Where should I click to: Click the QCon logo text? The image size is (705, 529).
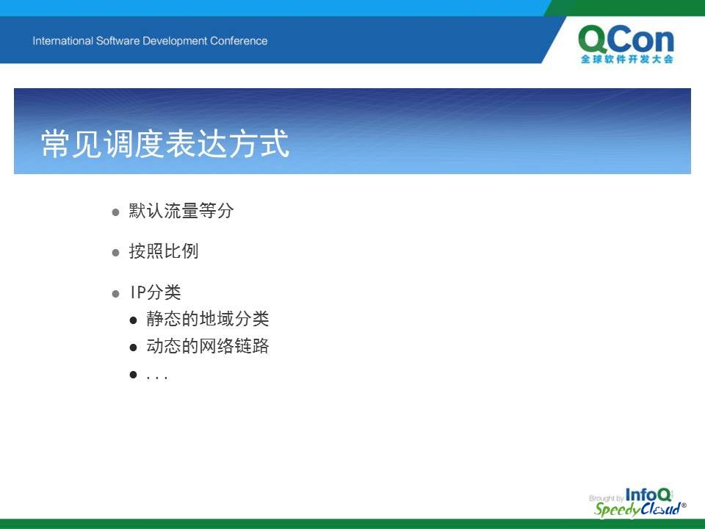coord(626,39)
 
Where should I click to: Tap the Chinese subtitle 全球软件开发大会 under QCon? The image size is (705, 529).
coord(626,59)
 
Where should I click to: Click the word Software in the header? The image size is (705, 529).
coord(117,41)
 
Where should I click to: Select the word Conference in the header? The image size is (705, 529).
coord(238,41)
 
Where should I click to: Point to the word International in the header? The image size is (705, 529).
coord(62,41)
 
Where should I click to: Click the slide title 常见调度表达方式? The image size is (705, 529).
coord(165,143)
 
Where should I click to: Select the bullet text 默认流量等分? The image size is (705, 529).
coord(181,211)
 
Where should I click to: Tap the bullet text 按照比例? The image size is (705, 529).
coord(164,251)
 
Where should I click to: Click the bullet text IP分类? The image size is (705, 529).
coord(155,292)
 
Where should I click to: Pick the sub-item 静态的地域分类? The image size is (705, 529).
coord(207,319)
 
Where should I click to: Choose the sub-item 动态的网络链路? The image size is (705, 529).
coord(207,346)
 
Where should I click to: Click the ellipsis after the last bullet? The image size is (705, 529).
coord(157,378)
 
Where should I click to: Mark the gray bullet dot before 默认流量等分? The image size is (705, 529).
coord(115,212)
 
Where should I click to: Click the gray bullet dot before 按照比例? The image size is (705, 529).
coord(115,253)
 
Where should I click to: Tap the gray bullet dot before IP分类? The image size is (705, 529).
coord(115,294)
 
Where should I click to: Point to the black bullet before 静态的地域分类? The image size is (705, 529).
coord(133,320)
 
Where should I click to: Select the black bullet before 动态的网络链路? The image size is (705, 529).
coord(133,348)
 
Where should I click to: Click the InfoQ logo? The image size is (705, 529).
coord(648,494)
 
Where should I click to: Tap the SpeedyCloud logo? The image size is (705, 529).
coord(640,509)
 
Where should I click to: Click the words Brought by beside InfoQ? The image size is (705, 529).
coord(606,498)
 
